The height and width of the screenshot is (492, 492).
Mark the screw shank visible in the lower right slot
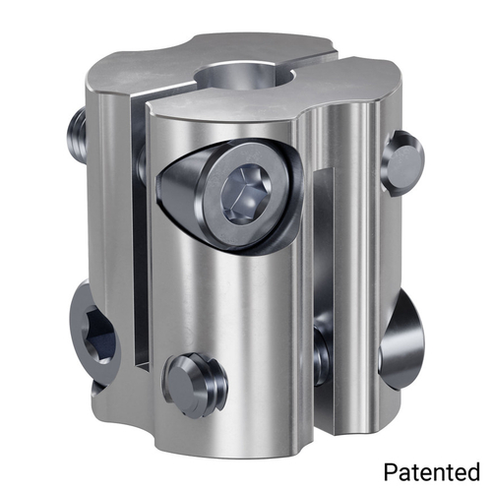pyautogui.click(x=321, y=350)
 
